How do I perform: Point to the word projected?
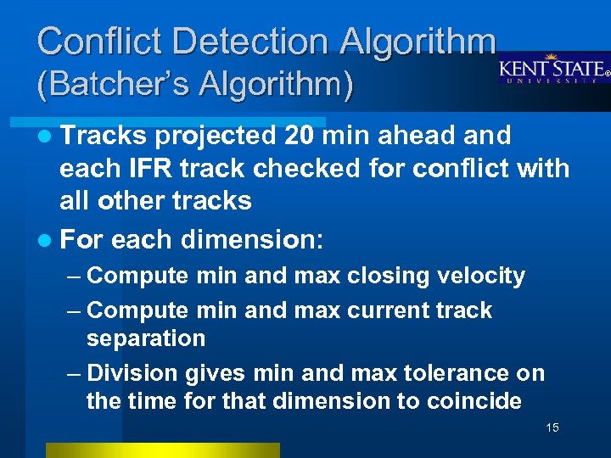pos(216,136)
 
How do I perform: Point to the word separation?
pos(146,338)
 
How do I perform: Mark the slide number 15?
pos(552,427)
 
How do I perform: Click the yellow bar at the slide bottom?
pos(162,450)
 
